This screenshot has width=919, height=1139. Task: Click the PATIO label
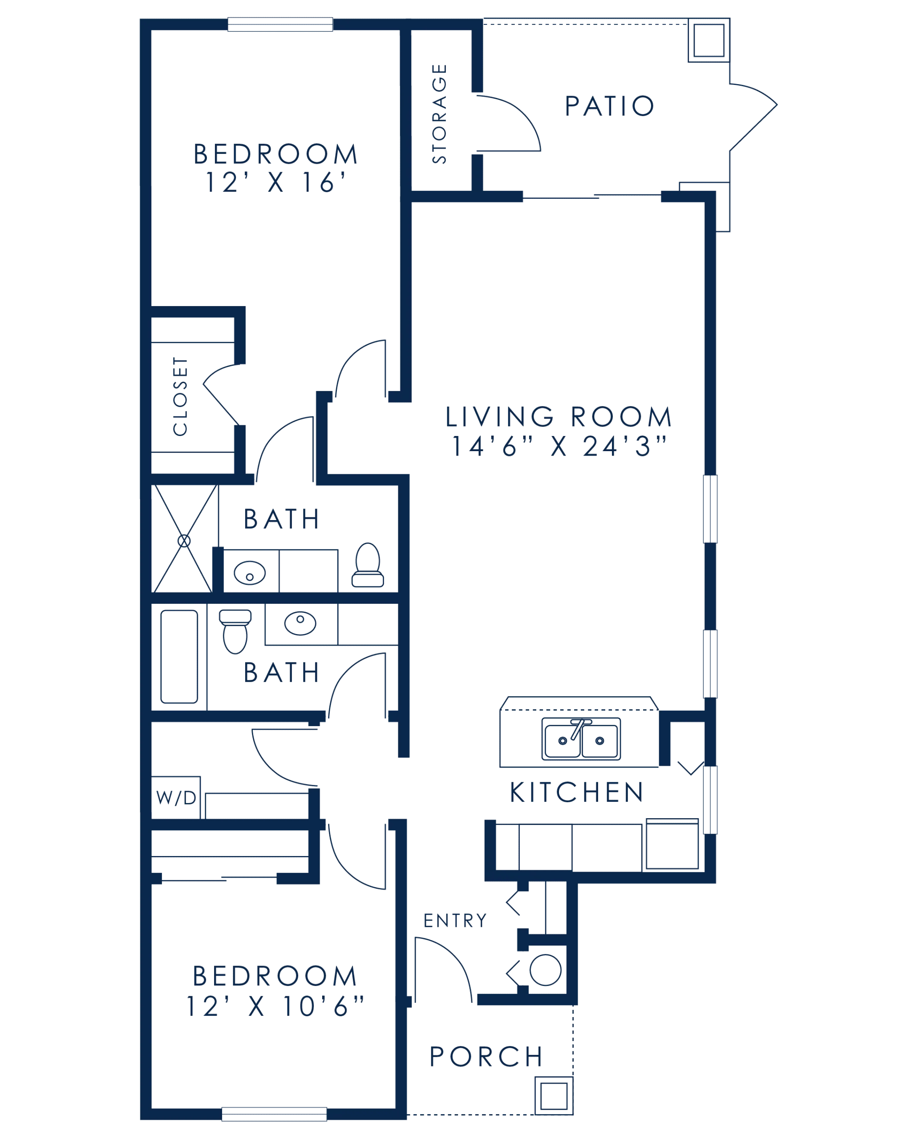(609, 106)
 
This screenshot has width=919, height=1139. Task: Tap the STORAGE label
(439, 114)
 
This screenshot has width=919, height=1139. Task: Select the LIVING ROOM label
(559, 417)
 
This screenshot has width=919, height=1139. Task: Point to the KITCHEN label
(576, 792)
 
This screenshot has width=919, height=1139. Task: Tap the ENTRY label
(455, 921)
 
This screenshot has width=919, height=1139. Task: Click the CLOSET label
(180, 396)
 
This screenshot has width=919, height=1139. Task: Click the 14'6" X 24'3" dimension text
(559, 446)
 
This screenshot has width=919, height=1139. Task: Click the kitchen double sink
(581, 739)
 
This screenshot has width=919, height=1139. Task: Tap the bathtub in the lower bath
(179, 657)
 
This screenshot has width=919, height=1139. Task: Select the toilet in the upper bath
(368, 565)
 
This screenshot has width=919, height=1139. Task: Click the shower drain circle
(184, 541)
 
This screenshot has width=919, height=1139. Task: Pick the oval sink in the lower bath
(300, 623)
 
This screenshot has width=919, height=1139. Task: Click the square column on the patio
(709, 40)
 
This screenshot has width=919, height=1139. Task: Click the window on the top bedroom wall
(280, 24)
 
